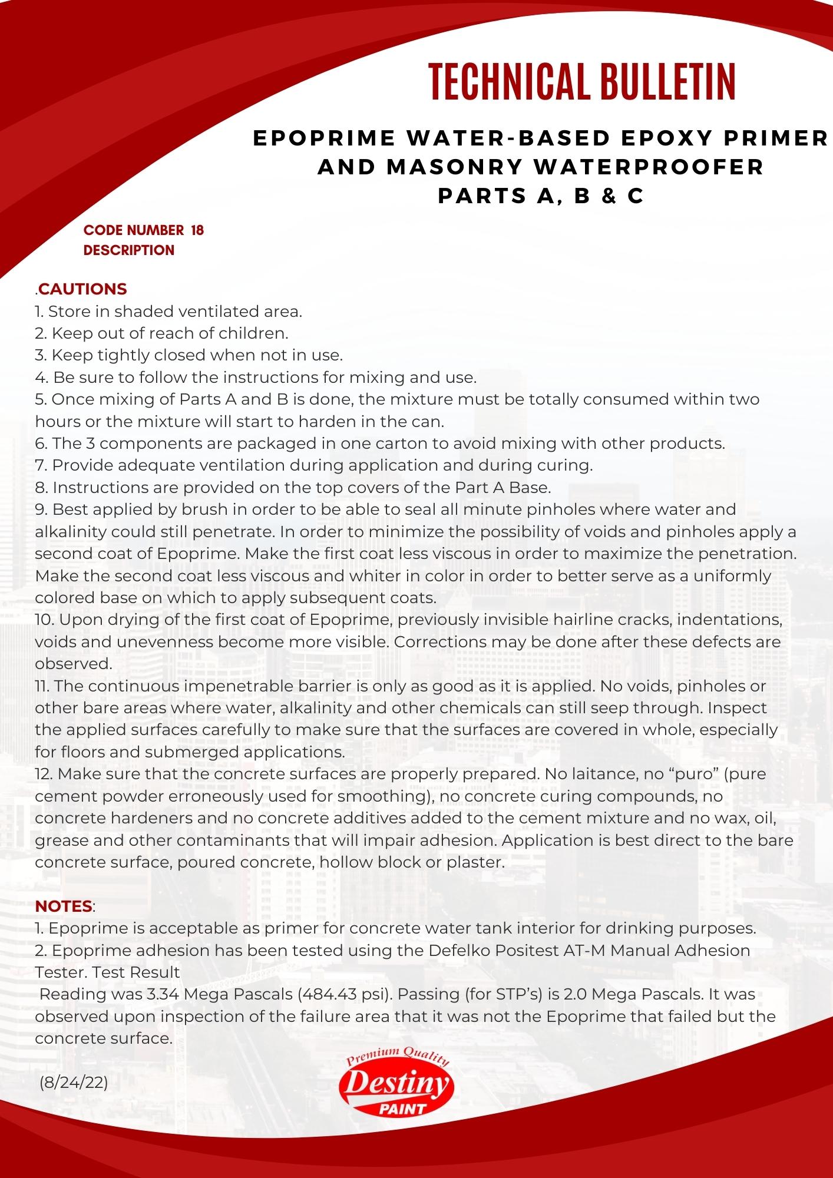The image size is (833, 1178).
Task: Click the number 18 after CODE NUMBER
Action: point(197,230)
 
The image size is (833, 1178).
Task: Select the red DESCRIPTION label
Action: point(128,250)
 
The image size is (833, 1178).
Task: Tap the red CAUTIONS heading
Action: point(82,289)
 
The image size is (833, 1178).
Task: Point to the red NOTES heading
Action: point(64,906)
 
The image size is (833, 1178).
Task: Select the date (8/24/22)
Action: point(74,1083)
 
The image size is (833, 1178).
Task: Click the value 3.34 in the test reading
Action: point(161,994)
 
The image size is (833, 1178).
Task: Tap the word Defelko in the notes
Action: point(456,950)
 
